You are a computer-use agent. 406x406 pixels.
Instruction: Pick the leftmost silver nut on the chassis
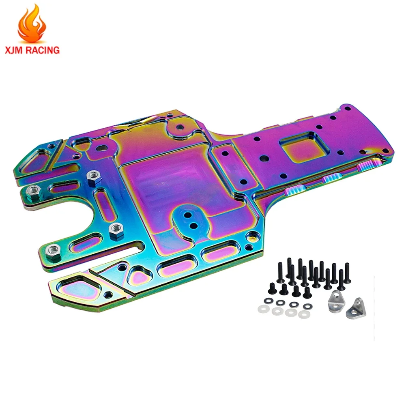[32, 190]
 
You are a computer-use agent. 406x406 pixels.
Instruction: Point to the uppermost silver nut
[93, 176]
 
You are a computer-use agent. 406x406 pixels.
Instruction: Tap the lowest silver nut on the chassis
[52, 249]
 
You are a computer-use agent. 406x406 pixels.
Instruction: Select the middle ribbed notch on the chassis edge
[332, 177]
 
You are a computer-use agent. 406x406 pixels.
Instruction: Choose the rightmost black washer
[306, 304]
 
